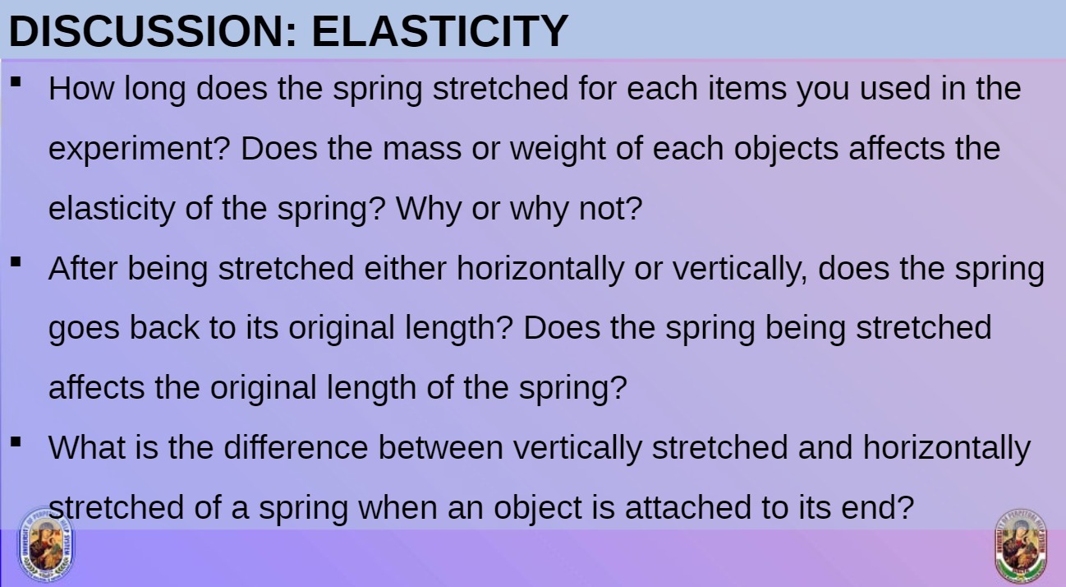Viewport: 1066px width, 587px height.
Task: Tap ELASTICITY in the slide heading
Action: tap(439, 31)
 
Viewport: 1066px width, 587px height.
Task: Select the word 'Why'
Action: tap(430, 209)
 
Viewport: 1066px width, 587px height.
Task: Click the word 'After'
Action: tap(84, 269)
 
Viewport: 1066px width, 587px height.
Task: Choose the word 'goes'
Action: tap(84, 329)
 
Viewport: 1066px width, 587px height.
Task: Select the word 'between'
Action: tap(440, 448)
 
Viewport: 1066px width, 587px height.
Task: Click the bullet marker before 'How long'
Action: tap(16, 82)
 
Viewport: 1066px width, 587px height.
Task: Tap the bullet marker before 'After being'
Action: tap(16, 262)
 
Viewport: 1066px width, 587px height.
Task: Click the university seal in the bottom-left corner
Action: tap(46, 544)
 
